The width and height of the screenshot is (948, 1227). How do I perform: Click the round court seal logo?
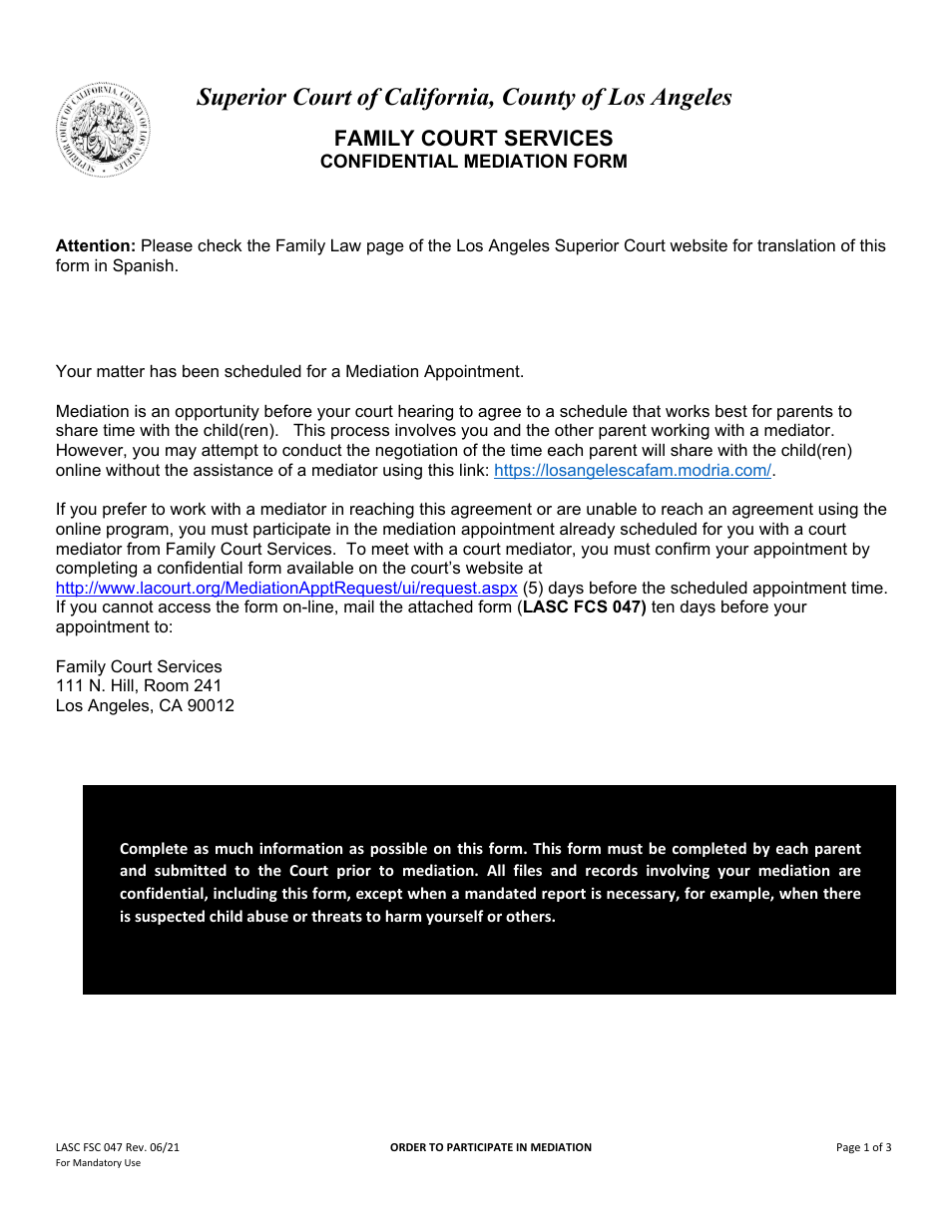[104, 130]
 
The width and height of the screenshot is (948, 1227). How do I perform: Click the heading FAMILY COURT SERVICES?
[473, 138]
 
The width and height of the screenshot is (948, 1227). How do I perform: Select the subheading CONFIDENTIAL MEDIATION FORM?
[473, 162]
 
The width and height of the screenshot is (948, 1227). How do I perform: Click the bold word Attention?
[96, 245]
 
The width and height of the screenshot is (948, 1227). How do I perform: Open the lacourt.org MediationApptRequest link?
[286, 588]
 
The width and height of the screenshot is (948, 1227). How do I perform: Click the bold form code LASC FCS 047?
[584, 607]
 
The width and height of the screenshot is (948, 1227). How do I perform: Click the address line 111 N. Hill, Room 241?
[139, 685]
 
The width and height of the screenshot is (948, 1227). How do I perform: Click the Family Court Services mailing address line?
[139, 666]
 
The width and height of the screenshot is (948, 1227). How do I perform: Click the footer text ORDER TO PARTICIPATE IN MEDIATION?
[490, 1147]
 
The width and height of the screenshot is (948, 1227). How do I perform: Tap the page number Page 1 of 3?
[863, 1147]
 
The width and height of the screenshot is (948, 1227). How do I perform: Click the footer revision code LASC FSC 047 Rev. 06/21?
[118, 1147]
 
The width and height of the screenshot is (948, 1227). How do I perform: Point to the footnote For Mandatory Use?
[98, 1163]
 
